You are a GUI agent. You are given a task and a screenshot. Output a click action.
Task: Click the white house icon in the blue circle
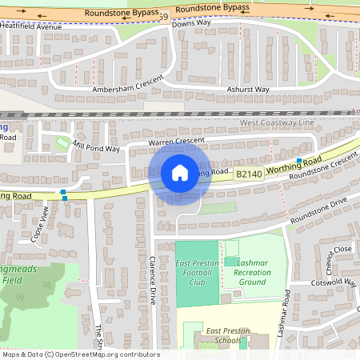[x=180, y=173]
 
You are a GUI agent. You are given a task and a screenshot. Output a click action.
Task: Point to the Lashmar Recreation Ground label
[x=253, y=272]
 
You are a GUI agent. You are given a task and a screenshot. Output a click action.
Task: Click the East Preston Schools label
[x=228, y=335]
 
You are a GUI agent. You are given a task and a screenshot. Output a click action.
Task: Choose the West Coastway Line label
[x=278, y=123]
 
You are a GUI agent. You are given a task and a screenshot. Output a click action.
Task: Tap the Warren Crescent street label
[x=177, y=142]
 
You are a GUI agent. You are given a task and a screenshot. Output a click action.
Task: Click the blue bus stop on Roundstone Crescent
[x=298, y=162]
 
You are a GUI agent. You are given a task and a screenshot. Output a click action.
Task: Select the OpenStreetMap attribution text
[x=80, y=354]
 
